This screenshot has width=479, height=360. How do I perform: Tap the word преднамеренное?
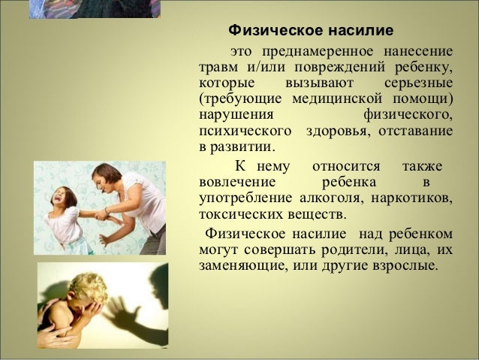(x=318, y=52)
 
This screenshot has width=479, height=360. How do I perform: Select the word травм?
(x=218, y=68)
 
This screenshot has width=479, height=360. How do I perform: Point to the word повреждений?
(x=339, y=68)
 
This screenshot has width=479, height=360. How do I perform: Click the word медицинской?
(x=337, y=99)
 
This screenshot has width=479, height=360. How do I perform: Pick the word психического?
(x=246, y=131)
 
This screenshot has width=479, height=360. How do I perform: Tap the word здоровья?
(x=338, y=132)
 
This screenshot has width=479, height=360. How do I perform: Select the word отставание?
(x=416, y=131)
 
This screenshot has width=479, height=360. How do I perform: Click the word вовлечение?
(x=237, y=182)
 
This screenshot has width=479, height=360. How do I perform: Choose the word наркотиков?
(x=411, y=198)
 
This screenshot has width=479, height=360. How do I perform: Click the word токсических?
(x=240, y=214)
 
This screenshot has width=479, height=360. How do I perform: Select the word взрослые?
(x=403, y=265)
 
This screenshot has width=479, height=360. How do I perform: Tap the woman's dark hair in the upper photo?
(x=107, y=174)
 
